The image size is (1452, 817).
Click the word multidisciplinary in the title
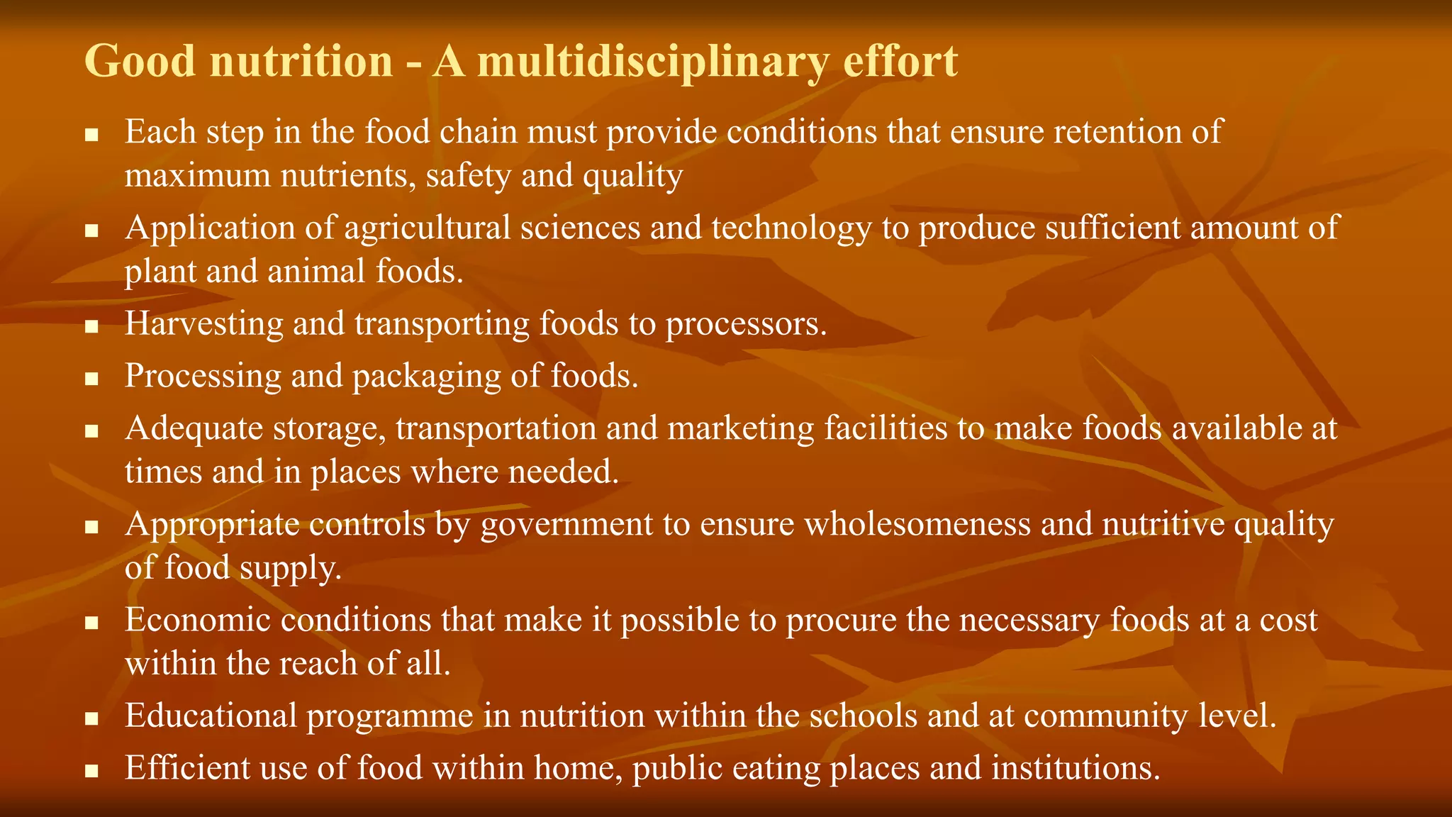coord(652,61)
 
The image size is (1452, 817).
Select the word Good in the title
coord(140,61)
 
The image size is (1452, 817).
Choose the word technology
coord(791,228)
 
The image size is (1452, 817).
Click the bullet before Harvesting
coord(91,327)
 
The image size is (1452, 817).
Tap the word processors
coord(746,324)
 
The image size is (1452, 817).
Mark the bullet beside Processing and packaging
coord(91,379)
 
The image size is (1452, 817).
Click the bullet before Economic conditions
coord(91,623)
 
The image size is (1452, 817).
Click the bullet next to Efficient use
coord(91,772)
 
